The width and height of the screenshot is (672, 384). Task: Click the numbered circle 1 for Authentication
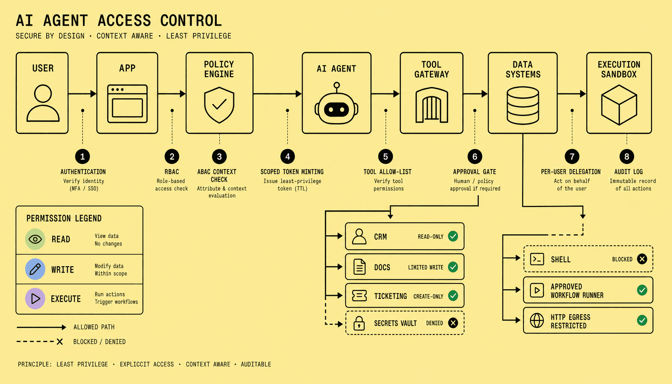tap(82, 156)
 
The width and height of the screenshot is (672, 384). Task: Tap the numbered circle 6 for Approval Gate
tap(475, 156)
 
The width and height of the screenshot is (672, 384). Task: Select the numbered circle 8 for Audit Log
tap(627, 156)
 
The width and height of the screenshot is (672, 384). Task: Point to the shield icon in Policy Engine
tap(219, 105)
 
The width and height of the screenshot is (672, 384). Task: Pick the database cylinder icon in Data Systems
tap(523, 105)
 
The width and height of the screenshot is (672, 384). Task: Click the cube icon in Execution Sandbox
tap(619, 105)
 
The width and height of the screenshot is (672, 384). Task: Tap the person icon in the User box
tap(43, 103)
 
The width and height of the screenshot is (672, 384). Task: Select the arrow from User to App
tap(82, 94)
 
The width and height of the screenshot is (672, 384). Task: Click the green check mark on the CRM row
tap(453, 236)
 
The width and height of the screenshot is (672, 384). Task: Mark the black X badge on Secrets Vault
tap(453, 323)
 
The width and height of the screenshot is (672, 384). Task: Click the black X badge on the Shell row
tap(642, 259)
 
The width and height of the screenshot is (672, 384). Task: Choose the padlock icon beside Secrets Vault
tap(359, 323)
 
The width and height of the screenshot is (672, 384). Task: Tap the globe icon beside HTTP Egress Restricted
tap(537, 321)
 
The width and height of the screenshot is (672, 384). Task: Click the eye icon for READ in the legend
tap(35, 239)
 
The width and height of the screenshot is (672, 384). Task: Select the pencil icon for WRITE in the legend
tap(35, 269)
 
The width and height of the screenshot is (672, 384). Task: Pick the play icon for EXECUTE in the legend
tap(35, 298)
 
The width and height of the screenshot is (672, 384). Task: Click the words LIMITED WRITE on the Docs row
tap(426, 267)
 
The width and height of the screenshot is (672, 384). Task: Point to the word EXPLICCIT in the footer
tap(147, 364)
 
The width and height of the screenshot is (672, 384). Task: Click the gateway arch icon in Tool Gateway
tap(432, 105)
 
